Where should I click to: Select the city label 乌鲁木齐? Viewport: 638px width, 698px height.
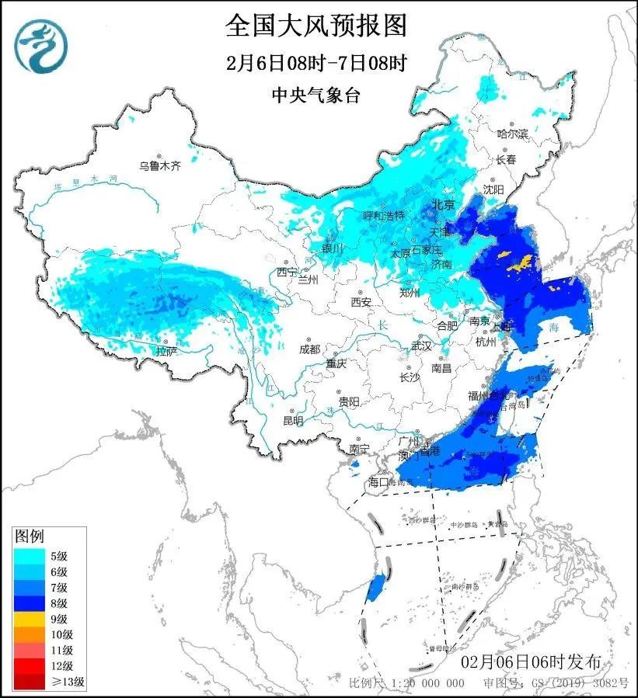pyautogui.click(x=159, y=165)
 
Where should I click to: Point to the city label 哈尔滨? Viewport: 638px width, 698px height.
pyautogui.click(x=512, y=134)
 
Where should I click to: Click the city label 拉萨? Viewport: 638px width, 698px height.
pyautogui.click(x=166, y=351)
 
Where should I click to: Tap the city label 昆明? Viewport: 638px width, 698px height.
pyautogui.click(x=293, y=420)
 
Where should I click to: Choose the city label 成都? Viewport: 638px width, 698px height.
pyautogui.click(x=309, y=349)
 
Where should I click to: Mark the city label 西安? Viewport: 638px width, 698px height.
pyautogui.click(x=361, y=301)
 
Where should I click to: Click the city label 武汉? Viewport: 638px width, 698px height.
pyautogui.click(x=420, y=346)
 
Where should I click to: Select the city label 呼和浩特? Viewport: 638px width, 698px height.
pyautogui.click(x=385, y=215)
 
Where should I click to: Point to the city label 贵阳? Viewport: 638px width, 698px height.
pyautogui.click(x=348, y=401)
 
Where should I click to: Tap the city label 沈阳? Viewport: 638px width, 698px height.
pyautogui.click(x=493, y=189)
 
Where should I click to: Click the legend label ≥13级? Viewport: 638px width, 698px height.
pyautogui.click(x=68, y=682)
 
